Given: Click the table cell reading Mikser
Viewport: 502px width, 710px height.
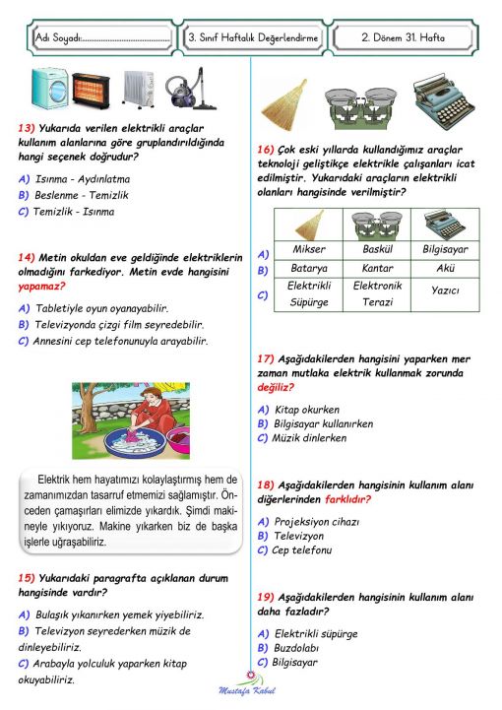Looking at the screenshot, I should tap(308, 249).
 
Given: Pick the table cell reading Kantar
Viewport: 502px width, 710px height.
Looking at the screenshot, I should tap(377, 268).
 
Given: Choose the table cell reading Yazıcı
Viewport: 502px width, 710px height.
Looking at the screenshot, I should tap(447, 291).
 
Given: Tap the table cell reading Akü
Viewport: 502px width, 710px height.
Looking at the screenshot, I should tap(447, 268).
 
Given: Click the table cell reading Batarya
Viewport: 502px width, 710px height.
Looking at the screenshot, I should tap(308, 268).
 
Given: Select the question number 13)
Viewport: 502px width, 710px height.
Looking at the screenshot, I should tap(28, 129).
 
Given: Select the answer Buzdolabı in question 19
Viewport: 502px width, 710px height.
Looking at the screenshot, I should tap(300, 648).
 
